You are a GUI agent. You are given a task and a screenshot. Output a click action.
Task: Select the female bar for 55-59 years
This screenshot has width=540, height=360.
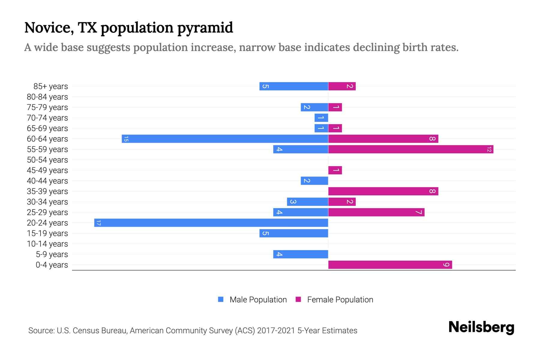[411, 149]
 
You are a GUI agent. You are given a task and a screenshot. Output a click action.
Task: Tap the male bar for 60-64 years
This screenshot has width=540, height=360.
[225, 139]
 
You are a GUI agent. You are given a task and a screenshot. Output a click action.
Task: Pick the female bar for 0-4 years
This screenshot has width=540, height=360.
[390, 265]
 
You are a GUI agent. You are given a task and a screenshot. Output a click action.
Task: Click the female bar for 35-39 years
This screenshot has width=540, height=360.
[383, 191]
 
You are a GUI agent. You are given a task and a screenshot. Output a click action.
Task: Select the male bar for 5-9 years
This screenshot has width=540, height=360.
[301, 254]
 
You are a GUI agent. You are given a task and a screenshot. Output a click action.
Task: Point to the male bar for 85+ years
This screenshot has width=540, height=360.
[294, 86]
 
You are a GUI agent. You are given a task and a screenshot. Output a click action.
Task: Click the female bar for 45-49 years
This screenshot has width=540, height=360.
[335, 170]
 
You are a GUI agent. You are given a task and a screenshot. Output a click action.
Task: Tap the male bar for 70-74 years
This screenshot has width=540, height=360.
[321, 118]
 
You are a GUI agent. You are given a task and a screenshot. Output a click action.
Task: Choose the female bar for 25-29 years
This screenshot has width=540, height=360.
[376, 212]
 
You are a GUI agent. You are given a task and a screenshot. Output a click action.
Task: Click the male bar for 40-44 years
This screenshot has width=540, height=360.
[314, 181]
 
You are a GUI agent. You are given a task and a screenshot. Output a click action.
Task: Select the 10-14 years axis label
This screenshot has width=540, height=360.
[47, 244]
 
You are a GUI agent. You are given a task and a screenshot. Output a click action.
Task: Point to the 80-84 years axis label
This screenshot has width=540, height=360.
[47, 97]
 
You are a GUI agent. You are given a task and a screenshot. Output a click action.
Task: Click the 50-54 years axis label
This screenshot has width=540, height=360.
[47, 160]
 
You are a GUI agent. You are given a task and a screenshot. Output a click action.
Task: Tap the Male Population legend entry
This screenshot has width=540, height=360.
[258, 299]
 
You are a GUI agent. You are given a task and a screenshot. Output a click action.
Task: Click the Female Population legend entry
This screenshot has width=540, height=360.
[340, 299]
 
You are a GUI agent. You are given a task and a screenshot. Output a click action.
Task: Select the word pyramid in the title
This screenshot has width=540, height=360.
[205, 28]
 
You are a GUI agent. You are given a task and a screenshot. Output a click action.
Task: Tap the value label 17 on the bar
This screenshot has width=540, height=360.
[98, 223]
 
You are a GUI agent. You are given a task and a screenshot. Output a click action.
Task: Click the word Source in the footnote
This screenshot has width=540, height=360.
[41, 331]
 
